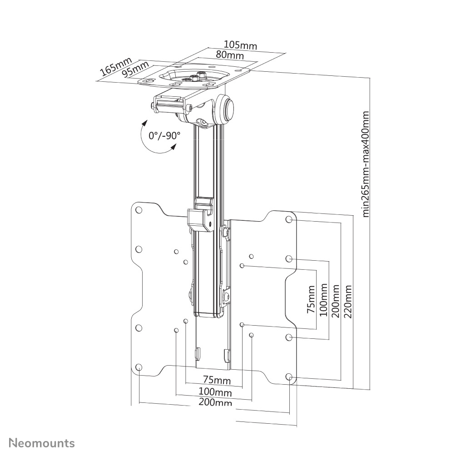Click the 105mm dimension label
click(x=240, y=45)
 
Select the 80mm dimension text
click(x=229, y=55)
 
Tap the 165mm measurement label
click(x=116, y=66)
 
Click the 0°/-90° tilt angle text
click(x=164, y=135)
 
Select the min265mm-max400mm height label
click(x=366, y=164)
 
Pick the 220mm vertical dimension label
click(x=348, y=301)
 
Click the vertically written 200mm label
click(x=336, y=301)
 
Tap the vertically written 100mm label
click(x=323, y=300)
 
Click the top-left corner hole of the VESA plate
click(x=139, y=210)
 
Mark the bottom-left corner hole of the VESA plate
click(x=139, y=367)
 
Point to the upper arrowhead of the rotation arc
click(x=144, y=123)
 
